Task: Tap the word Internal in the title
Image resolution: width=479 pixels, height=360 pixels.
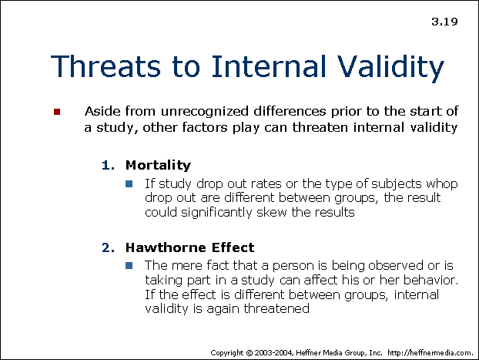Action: (x=264, y=68)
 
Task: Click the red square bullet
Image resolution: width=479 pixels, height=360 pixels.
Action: (x=56, y=113)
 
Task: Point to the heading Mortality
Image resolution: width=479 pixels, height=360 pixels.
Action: (x=158, y=165)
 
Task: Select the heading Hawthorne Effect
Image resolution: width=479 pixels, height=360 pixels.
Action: (x=189, y=247)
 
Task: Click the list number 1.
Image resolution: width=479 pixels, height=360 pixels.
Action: (x=107, y=165)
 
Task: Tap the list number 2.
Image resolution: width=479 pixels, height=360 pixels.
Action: (x=107, y=247)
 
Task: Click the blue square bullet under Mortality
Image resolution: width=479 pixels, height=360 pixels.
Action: (x=129, y=183)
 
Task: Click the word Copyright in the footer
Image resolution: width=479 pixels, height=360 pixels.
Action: (x=229, y=352)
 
